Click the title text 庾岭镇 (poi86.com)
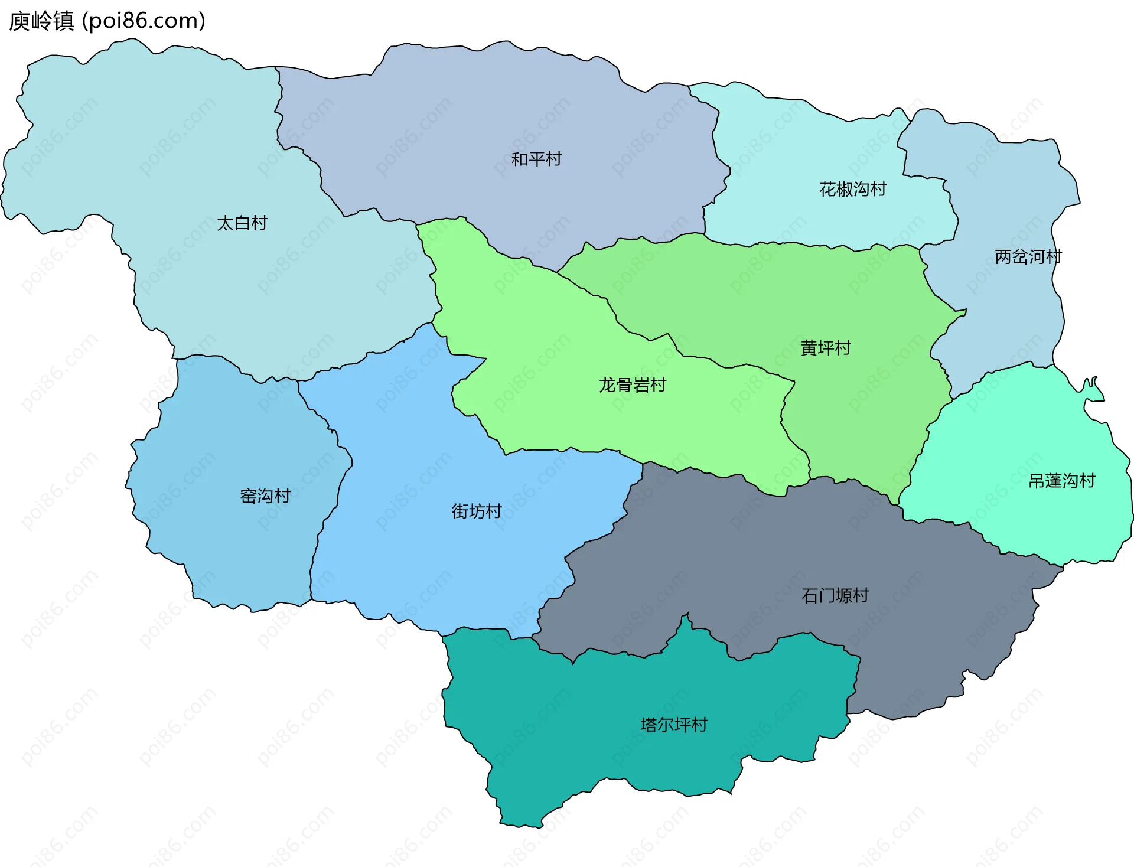pyautogui.click(x=107, y=21)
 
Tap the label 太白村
pyautogui.click(x=242, y=223)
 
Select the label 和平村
pyautogui.click(x=536, y=159)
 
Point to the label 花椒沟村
pyautogui.click(x=852, y=190)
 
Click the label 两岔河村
pyautogui.click(x=1028, y=257)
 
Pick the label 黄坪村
pyautogui.click(x=825, y=348)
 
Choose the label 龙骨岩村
pyautogui.click(x=632, y=386)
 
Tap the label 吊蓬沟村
pyautogui.click(x=1061, y=481)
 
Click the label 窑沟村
pyautogui.click(x=265, y=496)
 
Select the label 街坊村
pyautogui.click(x=476, y=511)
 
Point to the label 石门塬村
pyautogui.click(x=835, y=596)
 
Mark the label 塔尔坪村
pyautogui.click(x=673, y=725)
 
